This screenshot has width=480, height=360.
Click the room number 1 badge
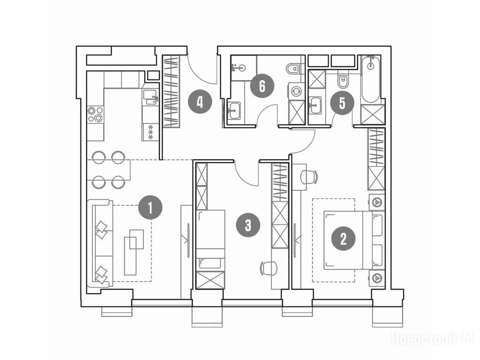click(x=150, y=208)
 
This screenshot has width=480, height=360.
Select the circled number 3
click(x=248, y=225)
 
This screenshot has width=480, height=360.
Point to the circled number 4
click(x=200, y=102)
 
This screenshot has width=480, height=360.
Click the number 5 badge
click(x=342, y=103)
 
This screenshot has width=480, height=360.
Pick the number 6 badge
click(x=262, y=86)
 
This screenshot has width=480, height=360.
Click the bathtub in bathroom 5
click(x=371, y=79)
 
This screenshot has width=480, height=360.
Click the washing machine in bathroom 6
click(x=297, y=91)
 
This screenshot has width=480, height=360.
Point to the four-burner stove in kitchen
click(x=95, y=114)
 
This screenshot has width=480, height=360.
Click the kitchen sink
click(x=151, y=97)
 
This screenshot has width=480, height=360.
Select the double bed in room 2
click(x=353, y=240)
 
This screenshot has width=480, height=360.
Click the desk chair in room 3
click(x=269, y=269)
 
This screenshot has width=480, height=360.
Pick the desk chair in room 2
click(x=308, y=177)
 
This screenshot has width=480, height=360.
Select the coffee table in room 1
click(x=134, y=252)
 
